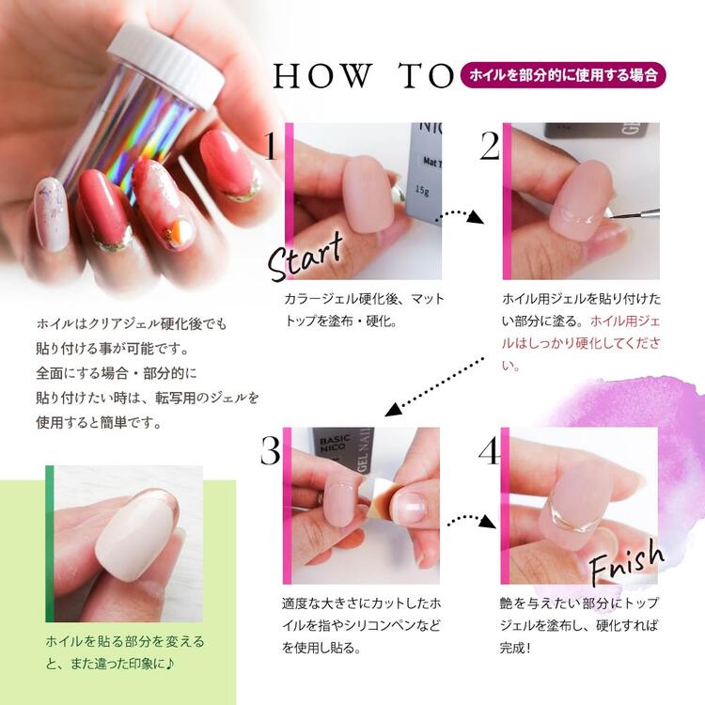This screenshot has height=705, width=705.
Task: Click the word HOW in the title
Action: pos(323,75)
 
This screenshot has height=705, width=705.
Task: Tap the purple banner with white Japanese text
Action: pos(563,74)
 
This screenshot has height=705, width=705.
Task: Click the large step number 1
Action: pos(271,145)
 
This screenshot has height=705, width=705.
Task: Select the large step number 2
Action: pos(490,146)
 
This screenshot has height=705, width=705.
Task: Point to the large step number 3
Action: pos(271,450)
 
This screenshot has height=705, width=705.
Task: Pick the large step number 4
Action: pos(490,450)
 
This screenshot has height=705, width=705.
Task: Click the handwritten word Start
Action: pos(305,257)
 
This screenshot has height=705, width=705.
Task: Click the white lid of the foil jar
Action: pos(165,63)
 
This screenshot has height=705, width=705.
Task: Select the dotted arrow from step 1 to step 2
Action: pos(460,215)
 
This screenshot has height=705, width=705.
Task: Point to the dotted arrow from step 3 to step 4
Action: pos(471,520)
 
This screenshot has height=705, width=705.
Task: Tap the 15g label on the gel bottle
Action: pos(422,190)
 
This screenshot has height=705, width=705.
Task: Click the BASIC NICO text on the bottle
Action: pos(333,443)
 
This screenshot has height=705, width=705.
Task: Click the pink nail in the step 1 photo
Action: pos(368,194)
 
